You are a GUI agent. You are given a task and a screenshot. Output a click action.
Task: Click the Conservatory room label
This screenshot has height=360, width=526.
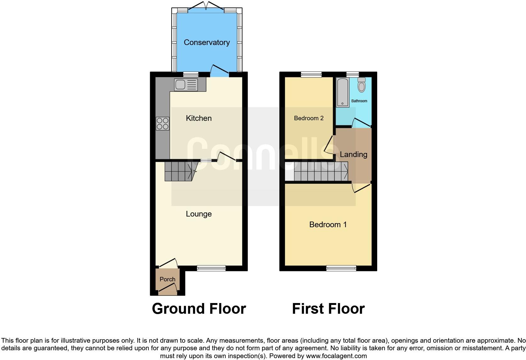click(x=207, y=42)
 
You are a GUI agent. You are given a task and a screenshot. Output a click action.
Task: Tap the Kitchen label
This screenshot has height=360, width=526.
click(x=199, y=118)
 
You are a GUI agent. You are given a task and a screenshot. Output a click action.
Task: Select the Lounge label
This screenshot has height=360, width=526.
click(x=199, y=214)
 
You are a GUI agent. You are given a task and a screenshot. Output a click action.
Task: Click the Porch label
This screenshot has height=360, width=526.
click(x=167, y=279)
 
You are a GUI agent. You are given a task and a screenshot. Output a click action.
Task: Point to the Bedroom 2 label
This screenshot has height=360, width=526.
click(x=309, y=118)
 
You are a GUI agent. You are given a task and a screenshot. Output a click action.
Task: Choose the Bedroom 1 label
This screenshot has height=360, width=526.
click(x=328, y=225)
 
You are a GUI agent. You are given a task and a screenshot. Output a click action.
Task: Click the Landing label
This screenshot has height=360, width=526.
click(x=354, y=155)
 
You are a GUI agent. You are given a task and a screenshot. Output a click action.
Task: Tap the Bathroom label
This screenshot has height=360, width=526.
click(x=359, y=101)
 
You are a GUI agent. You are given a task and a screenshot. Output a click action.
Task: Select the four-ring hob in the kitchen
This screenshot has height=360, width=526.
click(x=162, y=123)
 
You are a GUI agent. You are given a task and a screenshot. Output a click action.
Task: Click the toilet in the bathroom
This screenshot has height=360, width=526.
click(x=362, y=85)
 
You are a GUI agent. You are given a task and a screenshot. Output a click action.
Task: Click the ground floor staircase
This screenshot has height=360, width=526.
click(x=179, y=172)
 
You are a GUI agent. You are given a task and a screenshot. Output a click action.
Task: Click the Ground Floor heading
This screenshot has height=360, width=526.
click(x=199, y=309)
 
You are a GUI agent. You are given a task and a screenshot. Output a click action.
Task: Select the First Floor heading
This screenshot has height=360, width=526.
click(x=328, y=309)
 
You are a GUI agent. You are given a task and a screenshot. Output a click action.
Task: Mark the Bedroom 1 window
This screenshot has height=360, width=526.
click(x=341, y=268)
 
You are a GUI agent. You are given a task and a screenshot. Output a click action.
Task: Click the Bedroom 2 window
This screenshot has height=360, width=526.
click(x=311, y=74)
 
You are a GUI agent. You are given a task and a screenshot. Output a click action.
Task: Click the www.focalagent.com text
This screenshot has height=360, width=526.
click(x=336, y=356)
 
